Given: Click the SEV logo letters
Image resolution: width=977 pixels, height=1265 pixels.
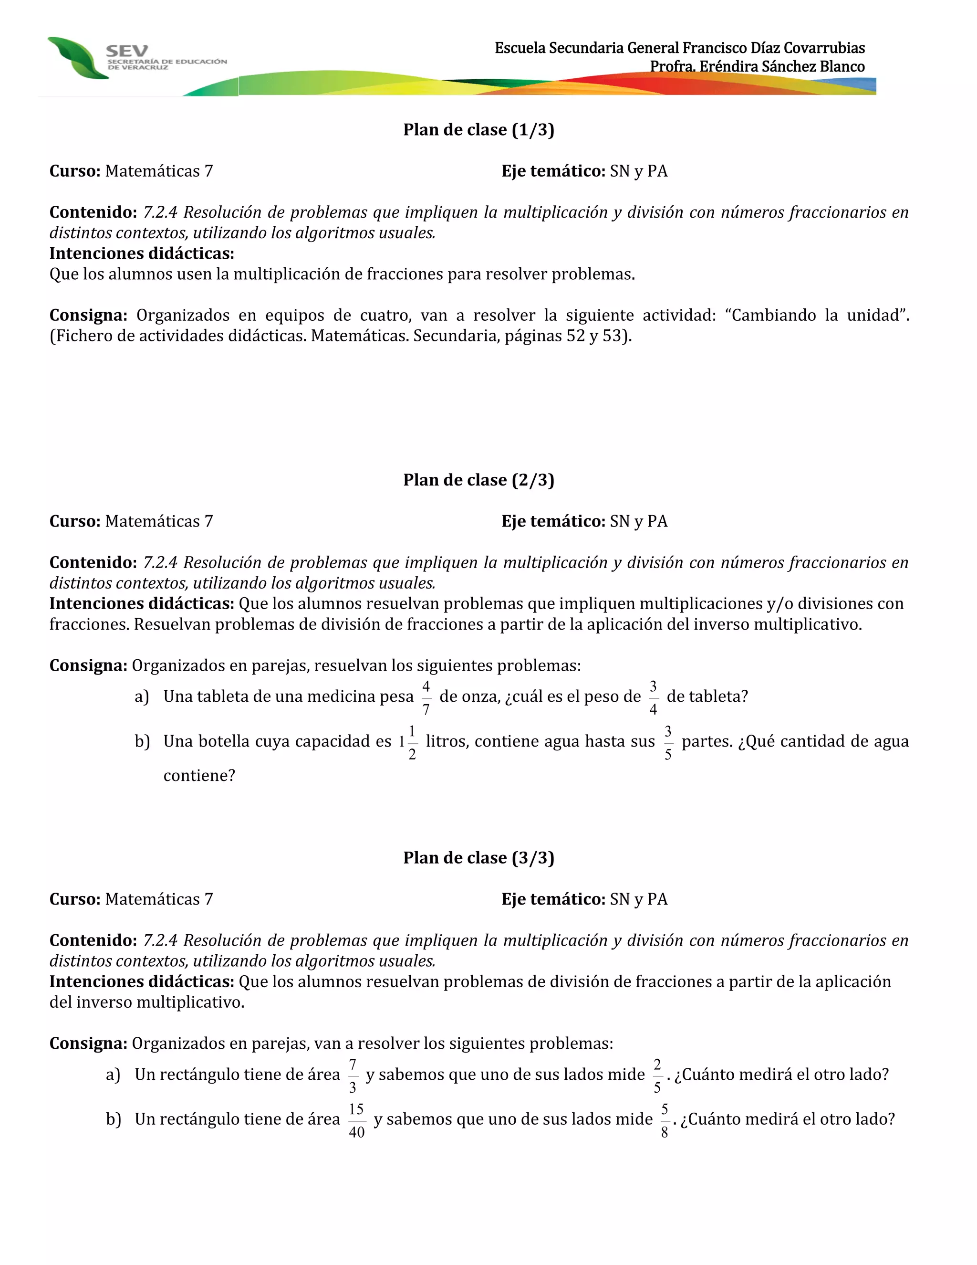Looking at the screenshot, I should (127, 51).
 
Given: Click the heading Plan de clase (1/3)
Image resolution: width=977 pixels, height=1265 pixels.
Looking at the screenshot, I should (478, 130).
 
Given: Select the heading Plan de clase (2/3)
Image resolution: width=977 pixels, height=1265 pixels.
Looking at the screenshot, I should (478, 480).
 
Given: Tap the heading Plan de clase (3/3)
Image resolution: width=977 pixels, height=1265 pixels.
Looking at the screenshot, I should (478, 857).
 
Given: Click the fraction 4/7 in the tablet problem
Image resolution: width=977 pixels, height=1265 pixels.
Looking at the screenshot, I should (426, 698).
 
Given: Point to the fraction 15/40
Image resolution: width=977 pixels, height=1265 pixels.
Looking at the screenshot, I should (356, 1120).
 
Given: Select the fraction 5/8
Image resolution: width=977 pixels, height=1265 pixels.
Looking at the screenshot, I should (665, 1120).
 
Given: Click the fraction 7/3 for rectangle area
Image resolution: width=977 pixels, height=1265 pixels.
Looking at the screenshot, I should (353, 1075).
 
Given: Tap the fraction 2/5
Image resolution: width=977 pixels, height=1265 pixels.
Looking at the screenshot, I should (657, 1075).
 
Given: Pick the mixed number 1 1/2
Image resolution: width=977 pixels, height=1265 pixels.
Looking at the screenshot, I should (408, 742).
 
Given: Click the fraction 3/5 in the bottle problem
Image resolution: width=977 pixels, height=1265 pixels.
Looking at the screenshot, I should (668, 742).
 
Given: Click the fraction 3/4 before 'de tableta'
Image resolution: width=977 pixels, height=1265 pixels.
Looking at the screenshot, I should (653, 698).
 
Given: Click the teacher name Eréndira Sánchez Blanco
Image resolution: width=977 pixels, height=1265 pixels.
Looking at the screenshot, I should (782, 67).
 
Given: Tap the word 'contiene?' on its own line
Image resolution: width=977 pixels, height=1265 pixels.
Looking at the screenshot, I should (199, 776).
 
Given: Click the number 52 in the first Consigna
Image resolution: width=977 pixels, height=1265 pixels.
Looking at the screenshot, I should (575, 336).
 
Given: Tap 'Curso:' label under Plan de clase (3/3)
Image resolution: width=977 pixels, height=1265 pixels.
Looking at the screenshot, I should (75, 899).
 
